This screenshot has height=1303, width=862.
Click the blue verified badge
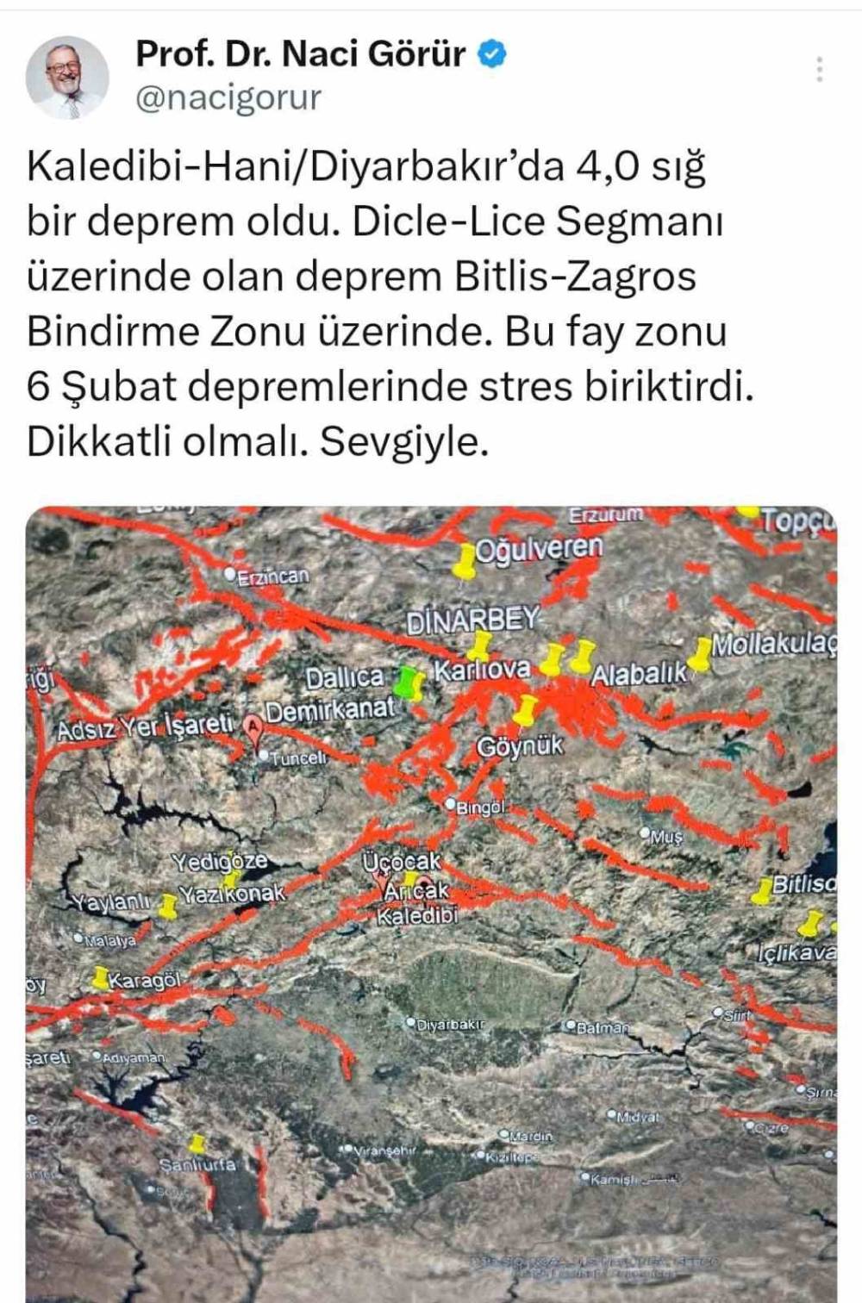tap(492, 54)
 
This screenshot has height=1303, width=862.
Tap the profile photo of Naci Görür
tap(67, 78)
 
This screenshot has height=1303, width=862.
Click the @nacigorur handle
tap(229, 97)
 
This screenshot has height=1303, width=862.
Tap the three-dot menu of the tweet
tap(819, 69)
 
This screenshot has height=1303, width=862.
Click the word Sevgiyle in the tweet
tap(404, 442)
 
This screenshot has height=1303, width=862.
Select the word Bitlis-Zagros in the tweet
tap(575, 277)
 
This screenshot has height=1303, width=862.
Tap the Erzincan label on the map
tap(272, 577)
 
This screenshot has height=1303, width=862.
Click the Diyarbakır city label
tap(450, 1025)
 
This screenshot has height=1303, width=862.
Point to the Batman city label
tap(601, 1027)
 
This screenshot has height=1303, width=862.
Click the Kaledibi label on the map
tap(417, 915)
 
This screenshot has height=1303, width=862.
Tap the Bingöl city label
tap(478, 807)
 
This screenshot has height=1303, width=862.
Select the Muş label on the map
tap(665, 835)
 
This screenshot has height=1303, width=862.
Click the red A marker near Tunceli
tap(253, 726)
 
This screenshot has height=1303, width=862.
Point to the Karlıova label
tap(482, 670)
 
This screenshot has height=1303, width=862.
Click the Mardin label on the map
tap(530, 1136)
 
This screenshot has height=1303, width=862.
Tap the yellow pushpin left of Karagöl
tap(100, 979)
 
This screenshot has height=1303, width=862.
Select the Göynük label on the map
tap(520, 746)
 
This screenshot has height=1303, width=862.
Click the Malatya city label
tap(109, 941)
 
